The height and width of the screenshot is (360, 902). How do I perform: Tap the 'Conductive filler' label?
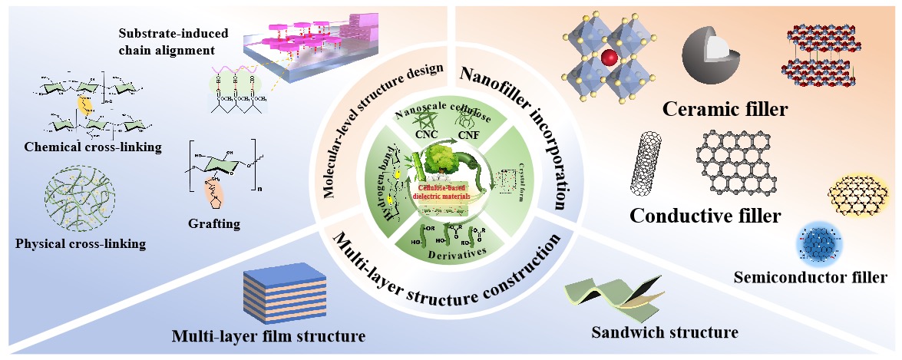pyautogui.click(x=705, y=216)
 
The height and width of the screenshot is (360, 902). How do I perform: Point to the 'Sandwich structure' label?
pyautogui.click(x=665, y=332)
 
